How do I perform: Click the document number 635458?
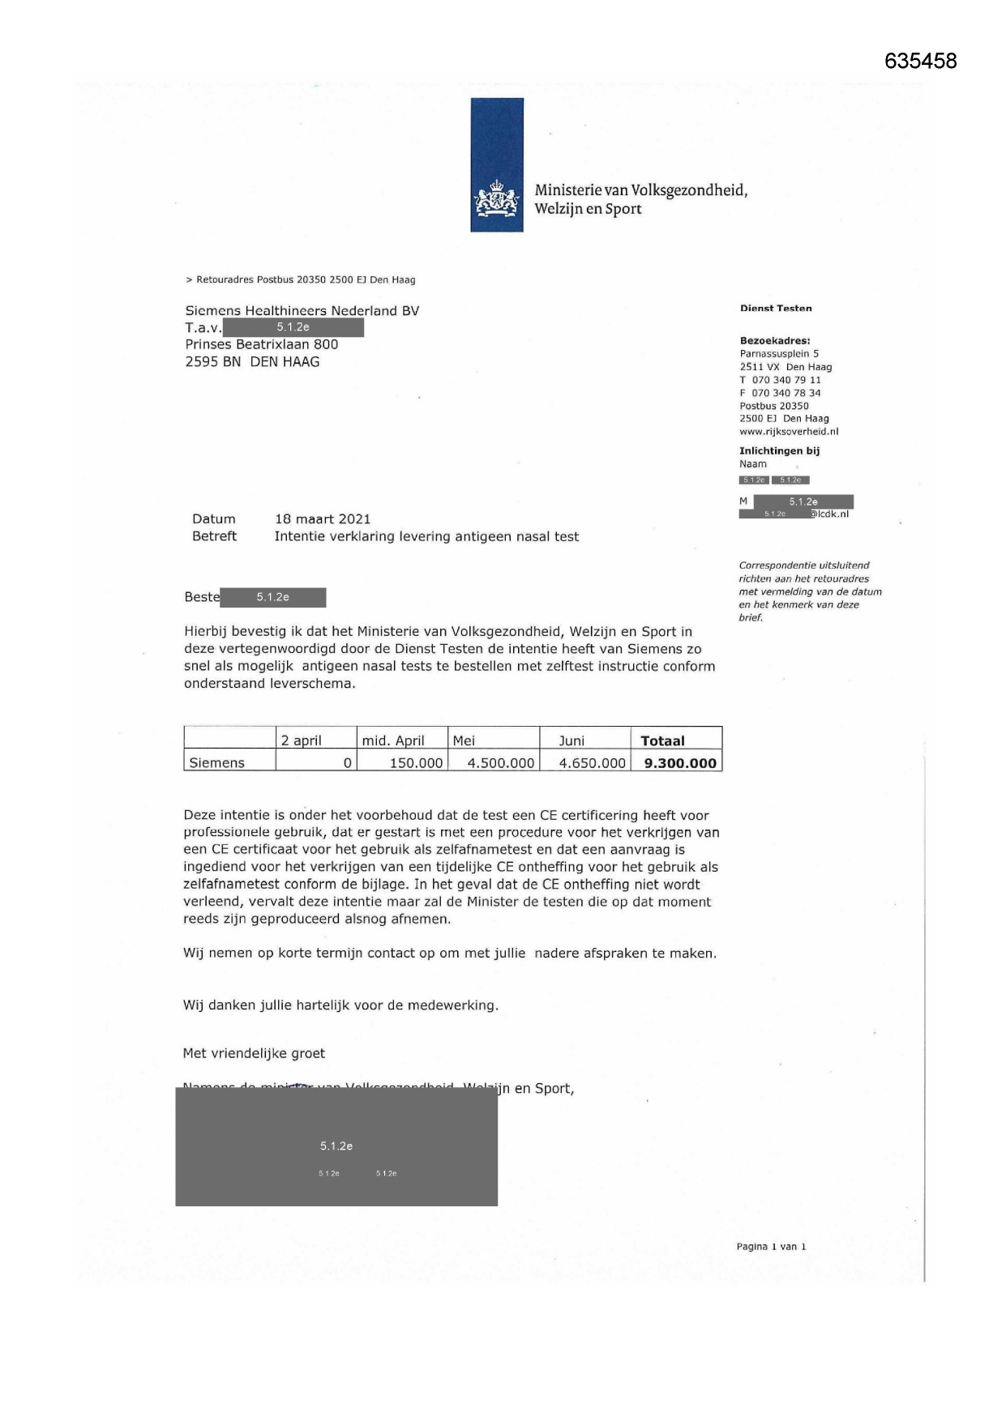(x=920, y=62)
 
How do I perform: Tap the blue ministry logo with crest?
(x=497, y=164)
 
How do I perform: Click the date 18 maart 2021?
(x=323, y=519)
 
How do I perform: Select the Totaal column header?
(x=662, y=740)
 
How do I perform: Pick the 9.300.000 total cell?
(x=680, y=762)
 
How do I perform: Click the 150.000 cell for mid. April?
(x=416, y=762)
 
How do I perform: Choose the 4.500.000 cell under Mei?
(x=500, y=762)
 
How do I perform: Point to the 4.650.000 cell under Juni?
(x=592, y=762)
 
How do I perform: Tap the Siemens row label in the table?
(x=216, y=762)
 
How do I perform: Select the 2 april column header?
(x=302, y=740)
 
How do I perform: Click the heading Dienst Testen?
(x=776, y=309)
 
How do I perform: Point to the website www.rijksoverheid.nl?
(x=789, y=432)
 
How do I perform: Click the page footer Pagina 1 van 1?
(x=771, y=1247)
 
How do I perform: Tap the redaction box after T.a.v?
(x=293, y=327)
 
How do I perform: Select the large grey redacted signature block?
(x=336, y=1147)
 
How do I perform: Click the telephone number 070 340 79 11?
(x=786, y=380)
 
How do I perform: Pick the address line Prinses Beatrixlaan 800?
(x=262, y=344)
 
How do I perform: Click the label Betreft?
(x=215, y=536)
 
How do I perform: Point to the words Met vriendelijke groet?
(x=254, y=1053)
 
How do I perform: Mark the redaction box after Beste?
(x=273, y=597)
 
